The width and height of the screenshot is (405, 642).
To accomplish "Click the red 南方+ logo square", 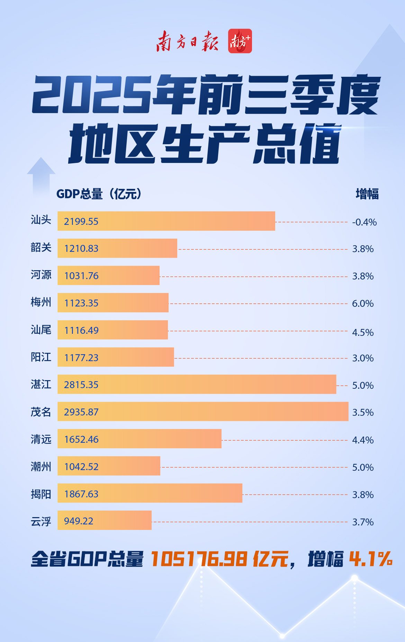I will [240, 41].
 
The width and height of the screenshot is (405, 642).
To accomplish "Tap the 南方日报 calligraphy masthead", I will [187, 41].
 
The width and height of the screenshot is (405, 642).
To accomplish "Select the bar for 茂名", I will [203, 412].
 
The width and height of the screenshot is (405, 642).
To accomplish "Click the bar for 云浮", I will [105, 520].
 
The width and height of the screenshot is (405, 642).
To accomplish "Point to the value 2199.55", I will [81, 221].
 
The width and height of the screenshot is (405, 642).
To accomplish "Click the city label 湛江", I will [41, 384].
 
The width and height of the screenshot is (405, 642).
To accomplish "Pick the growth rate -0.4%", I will [364, 222].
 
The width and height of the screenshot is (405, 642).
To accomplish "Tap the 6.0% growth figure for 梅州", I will [363, 303].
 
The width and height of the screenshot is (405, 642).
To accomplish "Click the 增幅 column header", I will [367, 194].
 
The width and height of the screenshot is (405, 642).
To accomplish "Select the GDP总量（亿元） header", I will [99, 194].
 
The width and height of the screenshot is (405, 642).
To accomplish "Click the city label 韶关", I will [41, 248].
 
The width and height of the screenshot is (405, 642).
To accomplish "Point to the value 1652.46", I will [81, 439].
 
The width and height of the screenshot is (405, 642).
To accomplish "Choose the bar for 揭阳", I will [150, 493].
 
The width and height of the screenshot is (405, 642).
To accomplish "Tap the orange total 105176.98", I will [199, 559].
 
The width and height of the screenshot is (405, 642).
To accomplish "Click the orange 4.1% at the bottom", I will [371, 559].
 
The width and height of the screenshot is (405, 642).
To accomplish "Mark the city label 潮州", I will [41, 467].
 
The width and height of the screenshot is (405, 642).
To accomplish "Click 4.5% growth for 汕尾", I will [363, 332].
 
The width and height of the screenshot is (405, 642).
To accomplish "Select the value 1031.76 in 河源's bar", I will [81, 276].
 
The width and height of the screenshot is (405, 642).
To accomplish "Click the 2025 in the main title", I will [92, 95].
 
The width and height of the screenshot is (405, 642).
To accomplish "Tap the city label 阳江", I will [41, 357].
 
